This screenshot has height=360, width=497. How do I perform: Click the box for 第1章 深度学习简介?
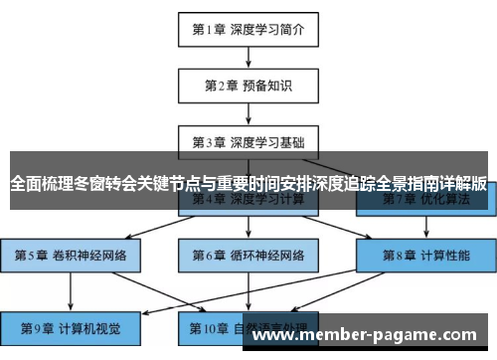click(248, 29)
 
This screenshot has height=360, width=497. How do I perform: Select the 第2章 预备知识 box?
click(248, 85)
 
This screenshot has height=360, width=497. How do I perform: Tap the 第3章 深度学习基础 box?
click(248, 140)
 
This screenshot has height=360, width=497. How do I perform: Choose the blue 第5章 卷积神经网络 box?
click(71, 255)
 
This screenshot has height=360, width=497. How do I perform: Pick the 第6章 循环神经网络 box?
click(248, 255)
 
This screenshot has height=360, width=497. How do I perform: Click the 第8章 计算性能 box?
click(426, 255)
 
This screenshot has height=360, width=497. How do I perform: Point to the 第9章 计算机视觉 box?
click(71, 327)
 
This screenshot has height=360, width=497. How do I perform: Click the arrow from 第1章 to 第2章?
click(248, 57)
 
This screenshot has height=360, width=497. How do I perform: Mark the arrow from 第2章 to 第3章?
click(248, 112)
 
